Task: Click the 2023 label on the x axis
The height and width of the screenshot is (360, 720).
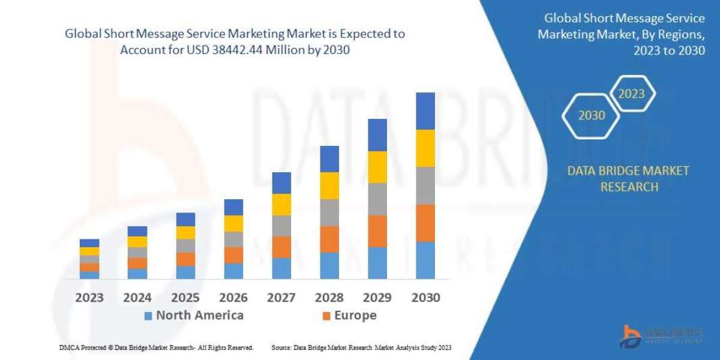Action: (x=89, y=298)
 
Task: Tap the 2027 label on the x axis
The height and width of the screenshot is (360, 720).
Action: (x=281, y=298)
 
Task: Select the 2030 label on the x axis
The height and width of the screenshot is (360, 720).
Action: (x=425, y=298)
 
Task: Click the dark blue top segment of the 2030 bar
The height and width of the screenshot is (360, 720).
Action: (x=425, y=111)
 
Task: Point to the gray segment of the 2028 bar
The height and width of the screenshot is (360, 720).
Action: (x=329, y=212)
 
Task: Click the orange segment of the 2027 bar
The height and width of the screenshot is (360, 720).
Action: (x=281, y=247)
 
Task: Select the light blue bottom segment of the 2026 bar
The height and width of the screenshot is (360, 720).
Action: (x=233, y=271)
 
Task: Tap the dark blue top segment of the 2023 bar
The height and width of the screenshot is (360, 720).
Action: (x=89, y=243)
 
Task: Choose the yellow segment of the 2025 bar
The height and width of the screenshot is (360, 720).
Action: (x=185, y=233)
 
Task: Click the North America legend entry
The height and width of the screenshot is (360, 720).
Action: (x=193, y=316)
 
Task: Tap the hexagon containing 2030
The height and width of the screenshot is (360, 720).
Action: (x=592, y=116)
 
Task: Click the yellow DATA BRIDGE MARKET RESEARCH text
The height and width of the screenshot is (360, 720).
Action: (x=628, y=179)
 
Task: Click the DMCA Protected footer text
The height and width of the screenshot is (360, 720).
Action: (x=156, y=347)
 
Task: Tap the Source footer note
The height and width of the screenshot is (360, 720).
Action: (x=361, y=347)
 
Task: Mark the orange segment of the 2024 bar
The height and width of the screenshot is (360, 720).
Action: (x=137, y=263)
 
